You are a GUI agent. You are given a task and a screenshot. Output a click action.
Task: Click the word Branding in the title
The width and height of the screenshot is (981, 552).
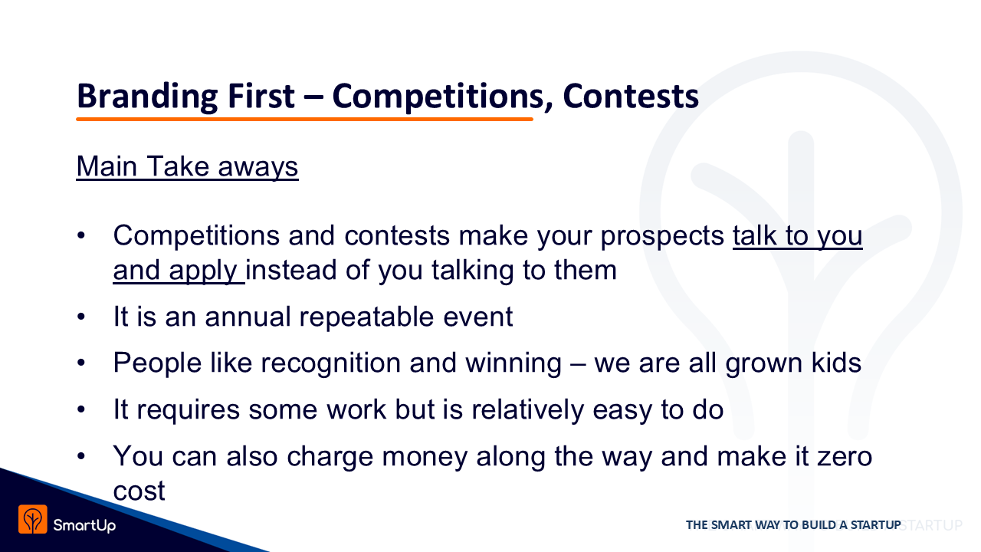(x=147, y=97)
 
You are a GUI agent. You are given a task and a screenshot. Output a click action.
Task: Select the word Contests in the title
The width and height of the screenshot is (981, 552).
(x=631, y=96)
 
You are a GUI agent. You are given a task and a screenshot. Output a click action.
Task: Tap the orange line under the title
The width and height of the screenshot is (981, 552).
(x=304, y=119)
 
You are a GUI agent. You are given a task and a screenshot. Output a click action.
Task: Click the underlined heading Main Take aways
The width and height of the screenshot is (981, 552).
(x=188, y=167)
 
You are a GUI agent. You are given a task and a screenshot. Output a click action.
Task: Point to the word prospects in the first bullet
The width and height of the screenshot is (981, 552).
(x=662, y=237)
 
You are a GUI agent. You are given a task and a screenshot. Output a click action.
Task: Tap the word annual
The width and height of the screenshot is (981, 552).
(x=248, y=317)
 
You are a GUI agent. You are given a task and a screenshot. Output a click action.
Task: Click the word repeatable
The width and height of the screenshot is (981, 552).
(x=366, y=317)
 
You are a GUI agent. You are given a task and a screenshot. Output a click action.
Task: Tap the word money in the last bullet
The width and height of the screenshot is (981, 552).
(x=425, y=457)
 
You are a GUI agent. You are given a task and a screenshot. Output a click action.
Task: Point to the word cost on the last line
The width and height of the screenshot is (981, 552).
(x=139, y=491)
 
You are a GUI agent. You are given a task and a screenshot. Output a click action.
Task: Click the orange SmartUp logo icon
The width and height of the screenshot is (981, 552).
(x=33, y=520)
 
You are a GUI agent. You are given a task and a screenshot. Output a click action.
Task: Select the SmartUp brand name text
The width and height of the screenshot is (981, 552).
(x=84, y=525)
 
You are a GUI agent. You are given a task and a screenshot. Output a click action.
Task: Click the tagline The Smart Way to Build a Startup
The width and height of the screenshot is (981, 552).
(x=793, y=525)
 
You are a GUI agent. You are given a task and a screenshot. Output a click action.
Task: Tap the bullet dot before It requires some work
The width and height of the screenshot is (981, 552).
(x=81, y=409)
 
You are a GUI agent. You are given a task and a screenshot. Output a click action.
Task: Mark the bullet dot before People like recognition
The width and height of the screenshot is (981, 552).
(x=81, y=363)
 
